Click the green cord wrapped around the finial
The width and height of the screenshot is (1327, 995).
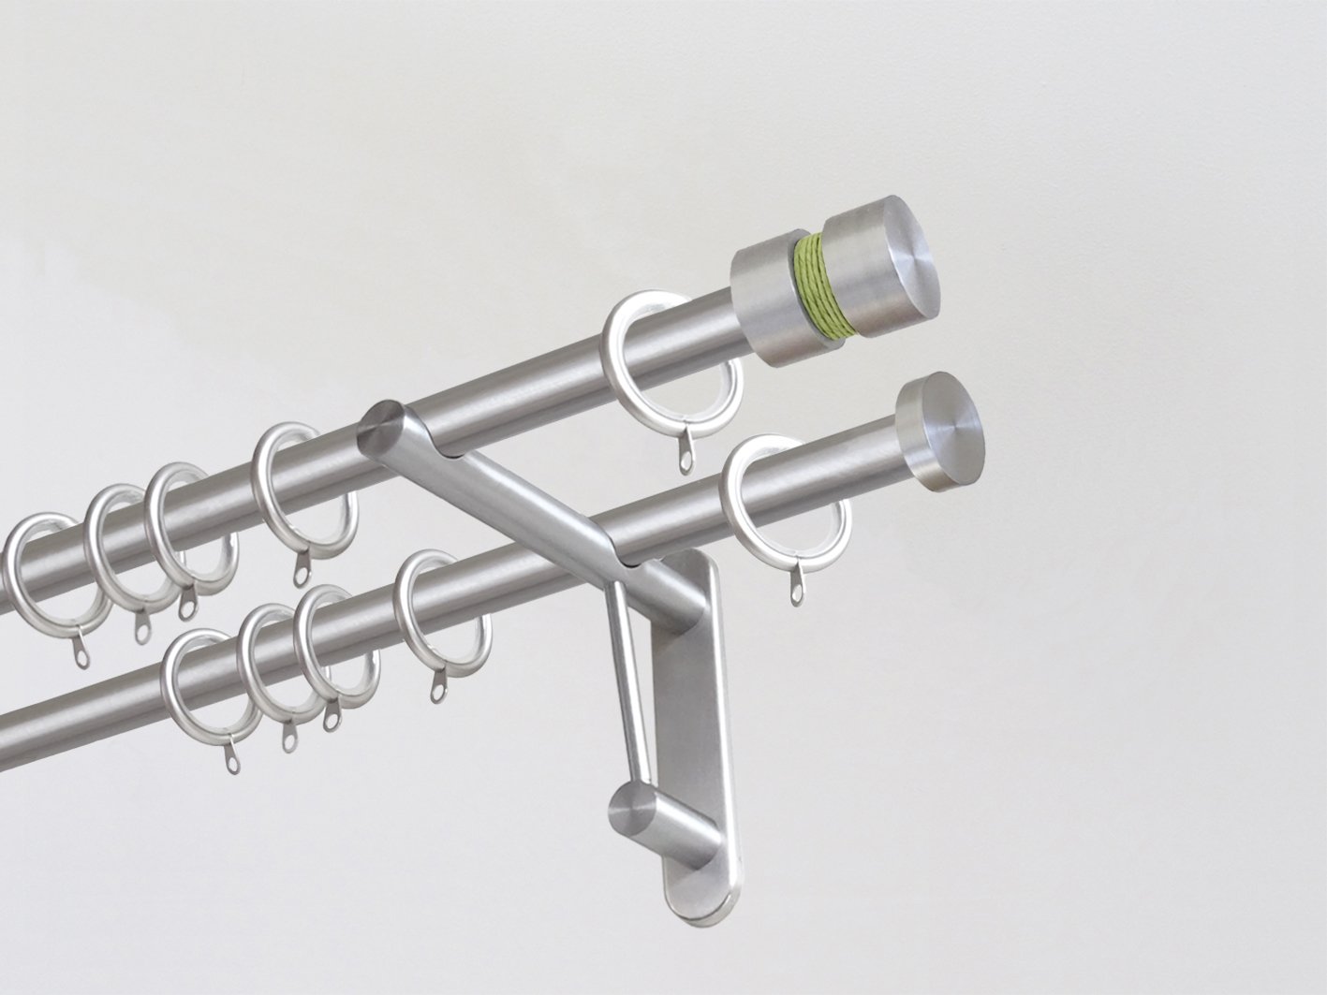[x=811, y=286]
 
